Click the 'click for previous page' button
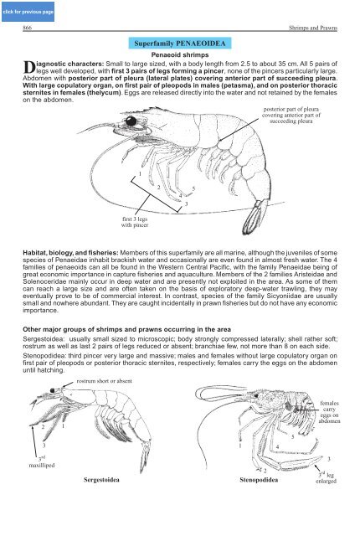[28, 12]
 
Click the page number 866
[27, 28]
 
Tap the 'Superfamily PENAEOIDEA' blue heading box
[180, 44]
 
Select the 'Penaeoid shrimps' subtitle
[180, 54]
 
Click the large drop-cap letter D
[29, 67]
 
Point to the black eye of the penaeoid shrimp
[131, 121]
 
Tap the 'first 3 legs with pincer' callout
[135, 222]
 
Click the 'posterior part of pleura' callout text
[291, 115]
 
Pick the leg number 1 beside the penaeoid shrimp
[140, 174]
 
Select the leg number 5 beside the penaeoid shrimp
[193, 188]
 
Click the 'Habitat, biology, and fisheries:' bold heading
[70, 253]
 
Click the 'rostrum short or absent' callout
[104, 381]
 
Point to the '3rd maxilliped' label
[42, 462]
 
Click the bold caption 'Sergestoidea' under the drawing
[101, 480]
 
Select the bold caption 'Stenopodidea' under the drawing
[259, 480]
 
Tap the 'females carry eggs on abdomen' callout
[329, 412]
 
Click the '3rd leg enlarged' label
[326, 478]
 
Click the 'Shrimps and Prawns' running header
[313, 28]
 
